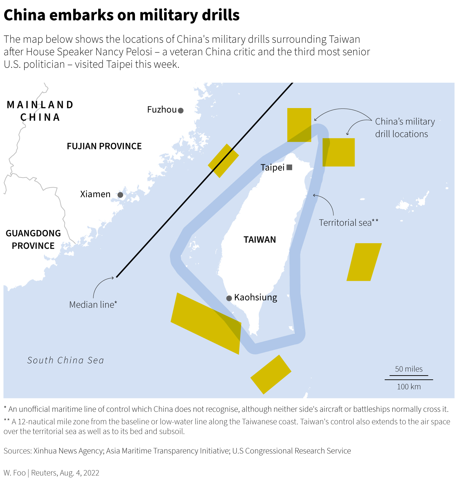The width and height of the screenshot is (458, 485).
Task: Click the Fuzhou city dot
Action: tap(180, 110)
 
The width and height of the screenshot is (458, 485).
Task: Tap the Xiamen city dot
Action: tap(120, 195)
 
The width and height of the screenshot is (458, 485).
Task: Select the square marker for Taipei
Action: tap(290, 167)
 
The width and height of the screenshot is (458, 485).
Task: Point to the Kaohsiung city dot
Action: tap(229, 298)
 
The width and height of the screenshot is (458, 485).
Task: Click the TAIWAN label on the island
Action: tap(260, 240)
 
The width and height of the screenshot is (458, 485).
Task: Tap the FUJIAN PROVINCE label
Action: tap(104, 146)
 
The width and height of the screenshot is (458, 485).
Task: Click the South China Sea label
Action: tap(66, 360)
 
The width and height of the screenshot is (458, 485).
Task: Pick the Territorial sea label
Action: tap(348, 223)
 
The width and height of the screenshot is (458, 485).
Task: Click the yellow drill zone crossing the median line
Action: tap(223, 161)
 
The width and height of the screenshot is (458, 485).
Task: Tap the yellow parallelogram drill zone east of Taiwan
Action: tap(364, 262)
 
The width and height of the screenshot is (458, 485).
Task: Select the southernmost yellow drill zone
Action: tap(271, 375)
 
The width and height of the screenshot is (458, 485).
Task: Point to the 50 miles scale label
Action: tap(409, 369)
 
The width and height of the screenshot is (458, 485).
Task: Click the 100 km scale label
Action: tap(409, 387)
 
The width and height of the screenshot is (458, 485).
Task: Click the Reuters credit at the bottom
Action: tap(44, 473)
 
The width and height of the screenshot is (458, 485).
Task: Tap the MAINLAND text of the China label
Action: tap(40, 105)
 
